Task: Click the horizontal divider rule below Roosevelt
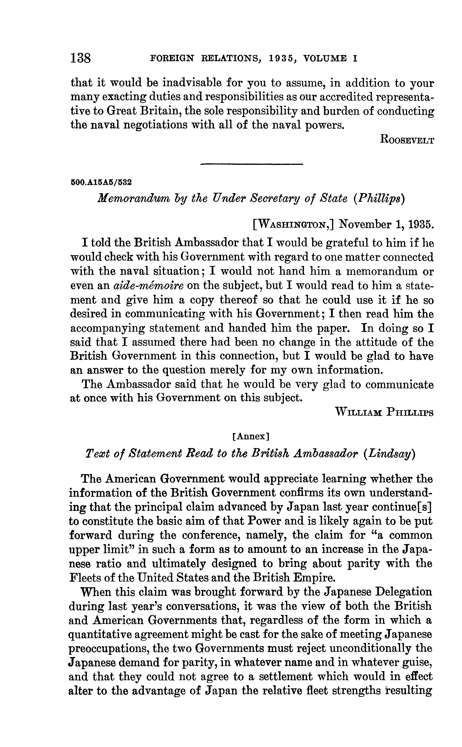[x=251, y=165]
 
